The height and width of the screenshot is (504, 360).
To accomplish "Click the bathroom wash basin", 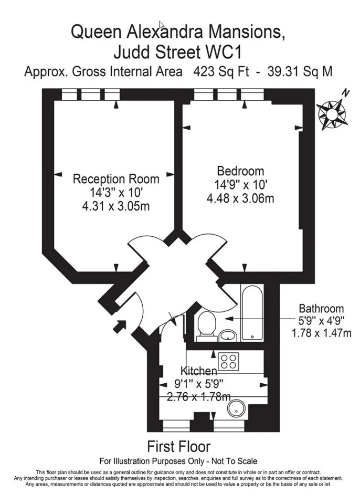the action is (228, 335).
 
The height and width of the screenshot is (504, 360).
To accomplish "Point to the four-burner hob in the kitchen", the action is (228, 361).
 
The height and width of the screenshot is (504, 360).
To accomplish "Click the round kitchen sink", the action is (237, 409).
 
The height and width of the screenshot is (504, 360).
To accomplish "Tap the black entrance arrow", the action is (120, 327).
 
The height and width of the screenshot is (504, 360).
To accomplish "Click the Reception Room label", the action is (116, 178).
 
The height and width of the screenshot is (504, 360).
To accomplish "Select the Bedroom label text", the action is (241, 171).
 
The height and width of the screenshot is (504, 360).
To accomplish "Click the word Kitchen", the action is (199, 371).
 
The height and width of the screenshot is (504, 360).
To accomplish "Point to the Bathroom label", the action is (321, 308).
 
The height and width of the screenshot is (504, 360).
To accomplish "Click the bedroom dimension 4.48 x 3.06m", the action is (240, 198).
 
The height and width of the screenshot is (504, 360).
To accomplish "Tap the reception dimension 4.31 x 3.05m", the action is (116, 206).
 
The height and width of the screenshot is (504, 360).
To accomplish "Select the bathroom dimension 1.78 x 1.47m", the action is (321, 333).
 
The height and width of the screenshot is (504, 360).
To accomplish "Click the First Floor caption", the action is (179, 446).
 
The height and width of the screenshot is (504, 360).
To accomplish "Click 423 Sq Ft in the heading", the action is (221, 71).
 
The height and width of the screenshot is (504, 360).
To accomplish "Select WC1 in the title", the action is (224, 52).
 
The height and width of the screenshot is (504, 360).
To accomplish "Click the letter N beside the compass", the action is (345, 93).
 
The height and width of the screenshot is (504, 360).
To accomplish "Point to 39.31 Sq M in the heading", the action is (300, 71).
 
